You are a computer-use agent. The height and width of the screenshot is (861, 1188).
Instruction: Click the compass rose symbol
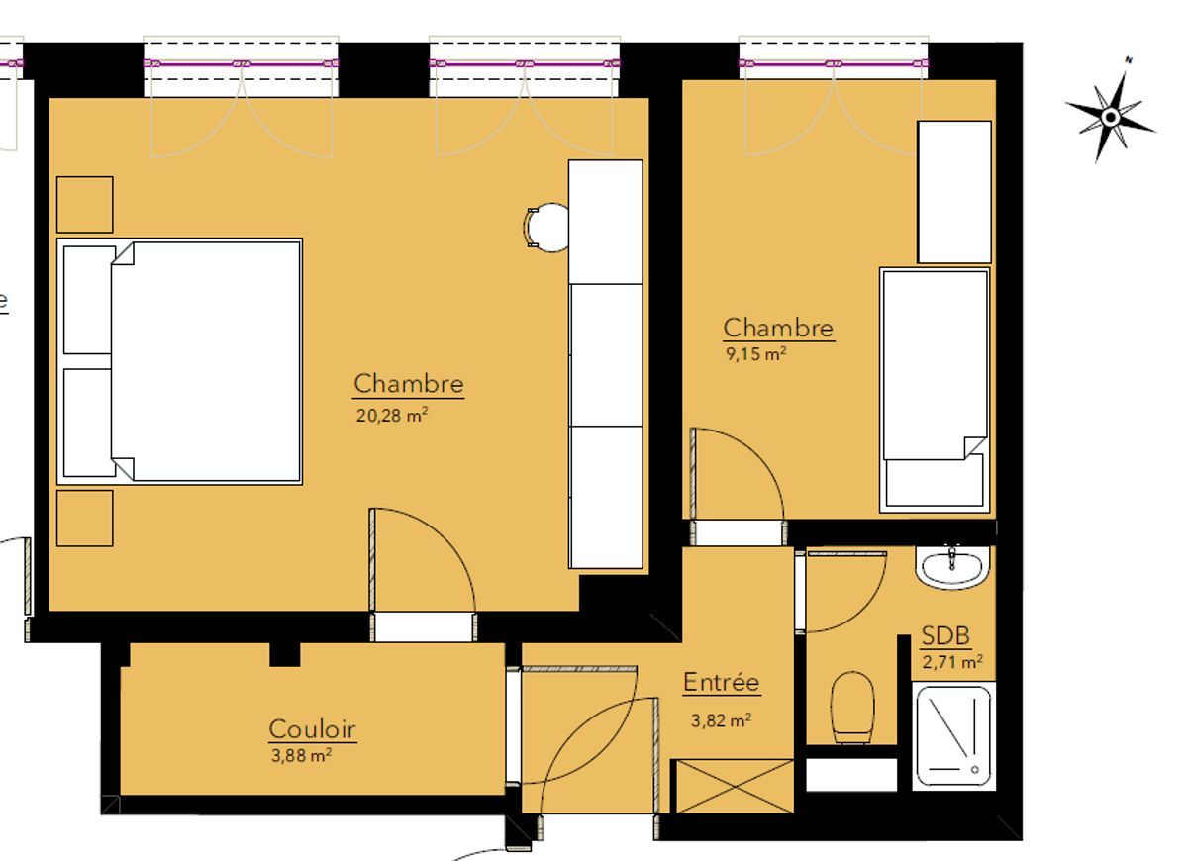click(x=1111, y=116)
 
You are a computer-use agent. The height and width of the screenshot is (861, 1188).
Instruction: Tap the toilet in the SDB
click(x=852, y=708)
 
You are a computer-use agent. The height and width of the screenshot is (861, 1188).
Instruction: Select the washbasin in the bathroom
click(x=952, y=568)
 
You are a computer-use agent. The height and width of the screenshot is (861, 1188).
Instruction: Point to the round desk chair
click(x=546, y=228)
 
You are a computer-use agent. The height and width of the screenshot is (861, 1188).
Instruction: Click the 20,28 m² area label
click(x=392, y=415)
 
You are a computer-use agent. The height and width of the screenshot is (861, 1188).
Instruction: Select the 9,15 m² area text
click(x=755, y=353)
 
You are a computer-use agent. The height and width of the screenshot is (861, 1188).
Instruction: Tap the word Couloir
click(x=313, y=729)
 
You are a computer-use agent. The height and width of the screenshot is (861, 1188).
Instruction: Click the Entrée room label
click(x=722, y=682)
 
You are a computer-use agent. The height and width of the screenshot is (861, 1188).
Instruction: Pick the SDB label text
click(x=945, y=635)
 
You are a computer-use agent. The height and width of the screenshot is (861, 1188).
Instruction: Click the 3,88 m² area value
click(x=301, y=755)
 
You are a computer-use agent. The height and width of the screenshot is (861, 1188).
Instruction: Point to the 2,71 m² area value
click(x=952, y=662)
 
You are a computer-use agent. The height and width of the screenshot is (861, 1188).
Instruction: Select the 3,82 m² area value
click(x=722, y=720)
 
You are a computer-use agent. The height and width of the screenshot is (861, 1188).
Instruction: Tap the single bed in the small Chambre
click(x=935, y=390)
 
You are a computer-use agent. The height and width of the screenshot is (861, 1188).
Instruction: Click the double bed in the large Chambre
click(x=180, y=361)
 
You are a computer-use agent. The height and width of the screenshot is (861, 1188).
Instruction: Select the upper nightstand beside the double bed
click(x=85, y=205)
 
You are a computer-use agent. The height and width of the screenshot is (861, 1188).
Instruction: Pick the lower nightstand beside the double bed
click(x=85, y=518)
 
